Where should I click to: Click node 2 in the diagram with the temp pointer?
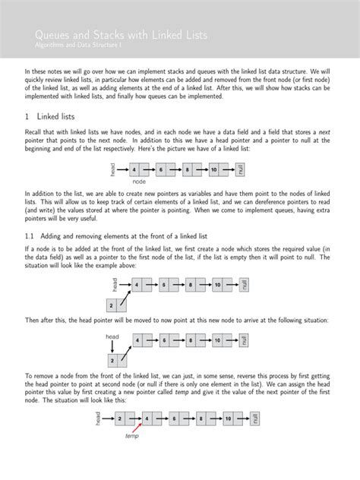[120, 418]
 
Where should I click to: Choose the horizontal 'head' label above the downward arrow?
[112, 336]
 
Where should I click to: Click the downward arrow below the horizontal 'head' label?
[112, 347]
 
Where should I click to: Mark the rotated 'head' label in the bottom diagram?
[98, 418]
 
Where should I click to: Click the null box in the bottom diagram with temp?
[256, 418]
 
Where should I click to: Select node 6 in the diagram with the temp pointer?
[174, 418]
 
